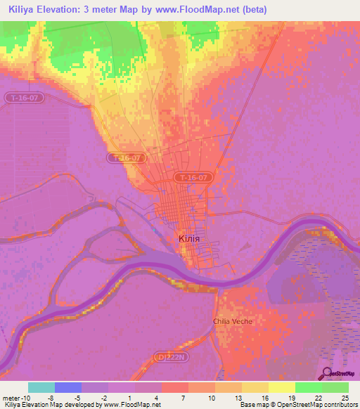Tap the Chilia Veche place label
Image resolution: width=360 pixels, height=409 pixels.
click(232, 321)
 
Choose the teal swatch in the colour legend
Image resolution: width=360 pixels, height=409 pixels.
click(41, 387)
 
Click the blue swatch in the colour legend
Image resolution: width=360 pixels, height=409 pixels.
click(68, 387)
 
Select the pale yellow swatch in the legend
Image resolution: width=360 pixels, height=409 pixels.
click(281, 387)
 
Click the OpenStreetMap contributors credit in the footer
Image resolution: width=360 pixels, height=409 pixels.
click(309, 405)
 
